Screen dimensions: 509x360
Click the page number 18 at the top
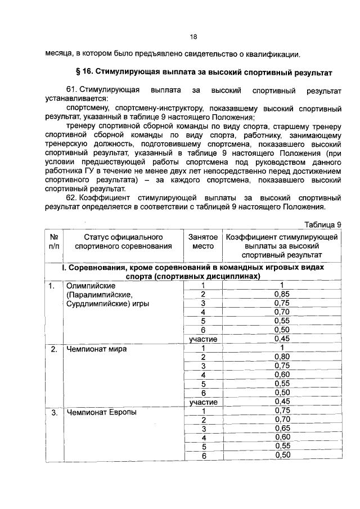tap(193, 37)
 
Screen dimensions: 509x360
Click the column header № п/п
tap(54, 242)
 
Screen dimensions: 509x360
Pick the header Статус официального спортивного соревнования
tap(123, 242)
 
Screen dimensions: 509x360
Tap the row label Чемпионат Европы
tap(101, 412)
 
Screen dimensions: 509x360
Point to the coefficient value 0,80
tap(282, 357)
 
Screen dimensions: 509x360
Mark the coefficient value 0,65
tap(282, 429)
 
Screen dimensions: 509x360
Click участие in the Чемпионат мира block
tap(203, 402)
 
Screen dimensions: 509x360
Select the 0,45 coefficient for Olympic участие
tap(282, 339)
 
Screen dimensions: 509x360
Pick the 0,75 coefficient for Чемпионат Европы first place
tap(282, 411)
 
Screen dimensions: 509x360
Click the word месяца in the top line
tap(59, 54)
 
